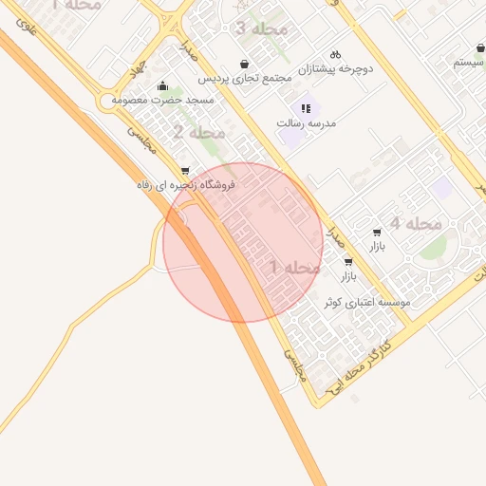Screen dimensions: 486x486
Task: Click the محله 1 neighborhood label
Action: [296, 268]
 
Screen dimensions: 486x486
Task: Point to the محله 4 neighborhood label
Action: [417, 223]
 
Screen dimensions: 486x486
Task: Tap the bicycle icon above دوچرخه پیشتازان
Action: [334, 54]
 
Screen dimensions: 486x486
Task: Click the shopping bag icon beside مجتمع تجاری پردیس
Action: [245, 65]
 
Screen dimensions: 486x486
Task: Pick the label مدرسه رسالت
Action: [307, 123]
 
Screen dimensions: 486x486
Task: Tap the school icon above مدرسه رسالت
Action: [306, 108]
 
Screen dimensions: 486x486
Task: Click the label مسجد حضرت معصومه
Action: [162, 99]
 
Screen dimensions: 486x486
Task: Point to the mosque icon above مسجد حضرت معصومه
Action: [163, 85]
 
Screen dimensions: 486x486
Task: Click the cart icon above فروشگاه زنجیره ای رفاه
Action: [184, 172]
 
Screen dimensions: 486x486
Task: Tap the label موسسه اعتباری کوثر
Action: [365, 302]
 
